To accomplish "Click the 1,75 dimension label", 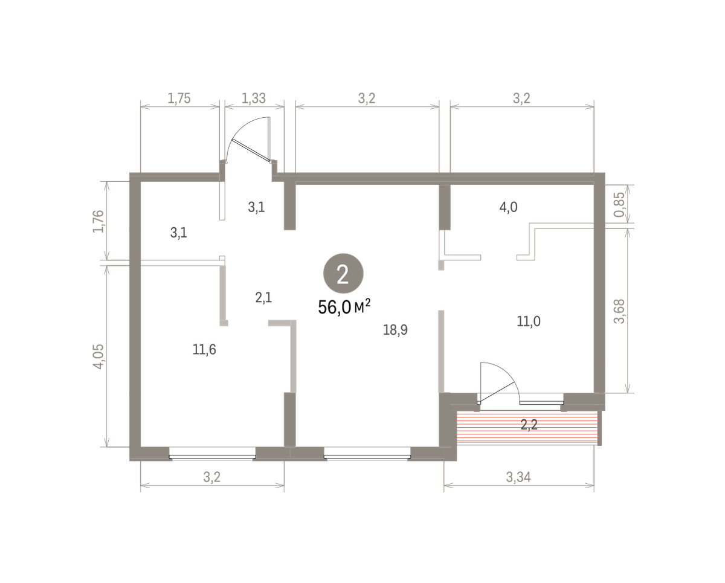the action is coord(179,98).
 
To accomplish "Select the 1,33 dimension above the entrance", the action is coord(254,98).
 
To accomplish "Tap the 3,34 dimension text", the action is coord(518,477).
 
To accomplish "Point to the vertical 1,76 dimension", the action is coord(98,221).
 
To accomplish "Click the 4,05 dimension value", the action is coord(98,356).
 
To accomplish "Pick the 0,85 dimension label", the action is coord(619,205).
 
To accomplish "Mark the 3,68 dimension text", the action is coord(619,311).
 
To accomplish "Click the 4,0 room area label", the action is coord(508,207).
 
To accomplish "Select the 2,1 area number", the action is coord(263,298).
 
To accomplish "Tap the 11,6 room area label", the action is coord(204,349).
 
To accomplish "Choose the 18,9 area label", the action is coord(395,330).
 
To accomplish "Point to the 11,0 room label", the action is coord(529,321).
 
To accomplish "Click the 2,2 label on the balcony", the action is coord(529,425).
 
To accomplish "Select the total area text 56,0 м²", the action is coord(344,307).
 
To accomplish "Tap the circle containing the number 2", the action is coord(343,273).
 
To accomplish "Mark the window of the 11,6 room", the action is coord(212,457).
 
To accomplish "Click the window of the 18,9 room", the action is coord(367,457).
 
